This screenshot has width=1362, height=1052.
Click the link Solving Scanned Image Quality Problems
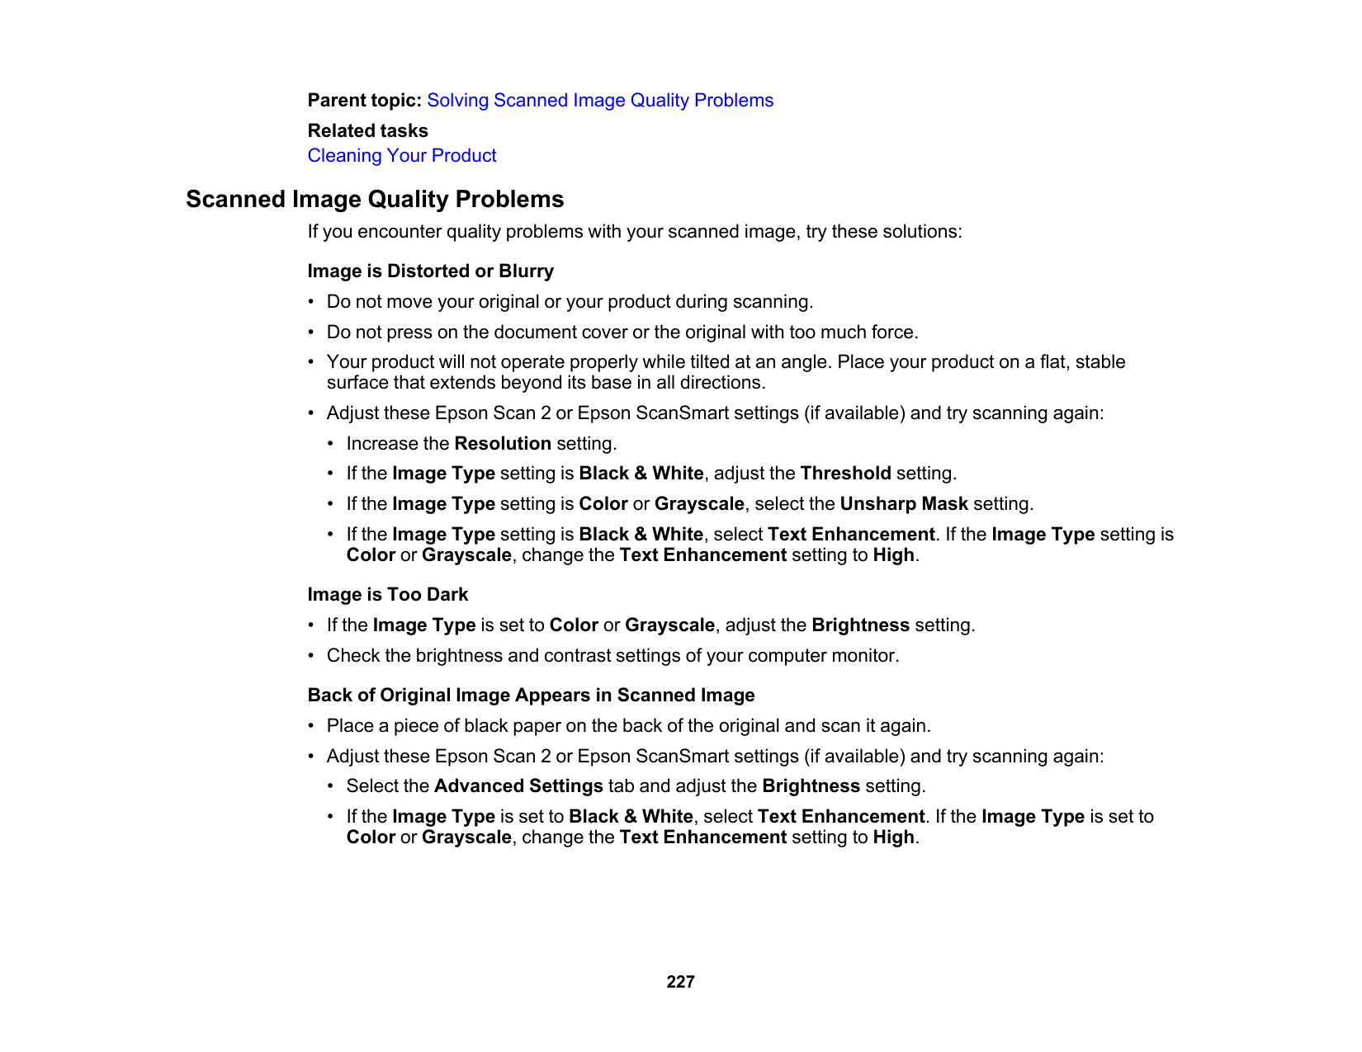click(x=600, y=101)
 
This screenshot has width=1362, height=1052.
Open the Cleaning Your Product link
click(x=402, y=156)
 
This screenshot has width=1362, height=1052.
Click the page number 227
click(x=680, y=982)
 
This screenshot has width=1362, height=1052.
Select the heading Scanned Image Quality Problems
click(x=375, y=200)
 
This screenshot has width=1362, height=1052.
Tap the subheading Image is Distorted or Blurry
click(x=430, y=271)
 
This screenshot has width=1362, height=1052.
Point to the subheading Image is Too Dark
click(x=387, y=595)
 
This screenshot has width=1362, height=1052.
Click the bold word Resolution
click(x=503, y=444)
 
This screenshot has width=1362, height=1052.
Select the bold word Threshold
click(x=845, y=474)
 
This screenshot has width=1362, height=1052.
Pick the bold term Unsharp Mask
click(x=904, y=504)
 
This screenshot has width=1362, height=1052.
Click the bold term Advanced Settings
click(x=518, y=786)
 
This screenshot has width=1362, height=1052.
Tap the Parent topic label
click(x=364, y=101)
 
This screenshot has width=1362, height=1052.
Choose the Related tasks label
click(x=367, y=131)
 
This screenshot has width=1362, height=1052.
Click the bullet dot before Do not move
click(x=312, y=302)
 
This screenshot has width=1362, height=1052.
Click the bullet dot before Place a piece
click(x=312, y=726)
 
